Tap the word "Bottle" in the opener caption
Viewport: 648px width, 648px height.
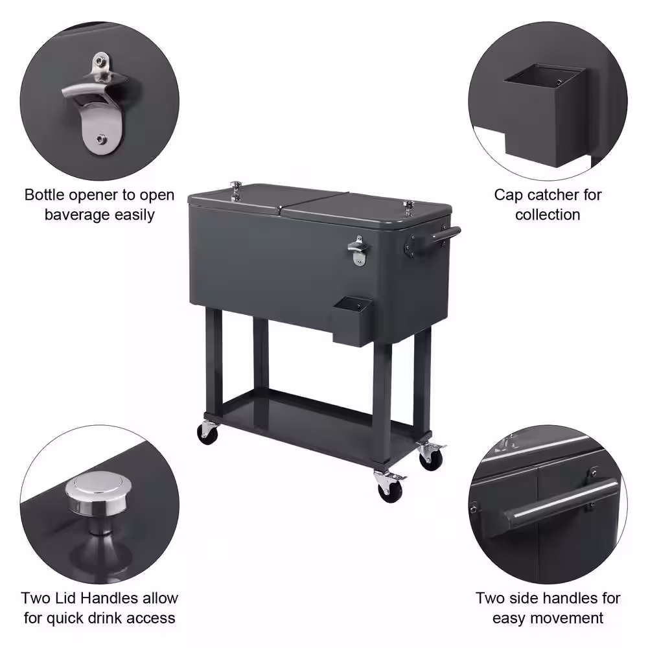click(x=45, y=194)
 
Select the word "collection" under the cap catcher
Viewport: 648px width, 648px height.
click(x=548, y=214)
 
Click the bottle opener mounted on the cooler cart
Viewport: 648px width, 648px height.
click(x=356, y=250)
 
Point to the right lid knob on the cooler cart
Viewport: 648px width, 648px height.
click(x=409, y=207)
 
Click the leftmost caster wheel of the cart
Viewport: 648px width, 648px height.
click(x=208, y=432)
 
